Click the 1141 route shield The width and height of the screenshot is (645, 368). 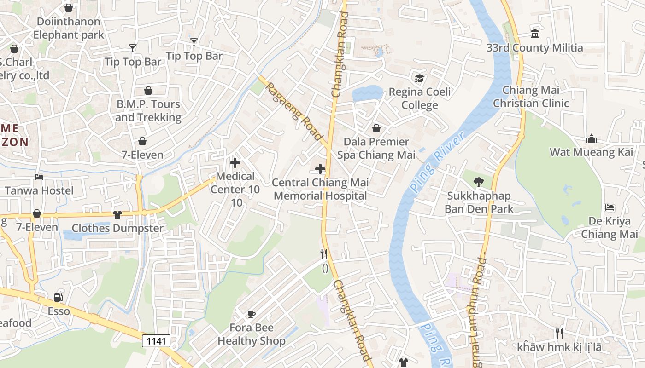[156, 341]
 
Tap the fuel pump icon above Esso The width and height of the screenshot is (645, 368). [59, 298]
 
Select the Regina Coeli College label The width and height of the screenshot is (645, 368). [420, 98]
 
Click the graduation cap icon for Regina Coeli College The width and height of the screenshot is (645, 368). [419, 78]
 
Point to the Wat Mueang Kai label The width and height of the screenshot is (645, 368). [592, 152]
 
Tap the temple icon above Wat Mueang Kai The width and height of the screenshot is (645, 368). [592, 138]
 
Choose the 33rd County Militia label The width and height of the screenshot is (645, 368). [534, 48]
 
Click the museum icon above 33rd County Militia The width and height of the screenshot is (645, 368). [535, 34]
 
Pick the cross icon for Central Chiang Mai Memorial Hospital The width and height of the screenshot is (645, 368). [320, 169]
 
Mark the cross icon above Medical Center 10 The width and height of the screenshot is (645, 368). [235, 162]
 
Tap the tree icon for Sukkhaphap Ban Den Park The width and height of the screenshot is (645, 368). [479, 182]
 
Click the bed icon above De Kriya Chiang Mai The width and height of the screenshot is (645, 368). [610, 207]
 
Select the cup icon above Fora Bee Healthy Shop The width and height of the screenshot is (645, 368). [251, 314]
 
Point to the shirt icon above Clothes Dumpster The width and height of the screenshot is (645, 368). [117, 214]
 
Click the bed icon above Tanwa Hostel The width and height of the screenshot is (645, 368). [39, 177]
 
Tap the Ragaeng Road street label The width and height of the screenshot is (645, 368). [293, 112]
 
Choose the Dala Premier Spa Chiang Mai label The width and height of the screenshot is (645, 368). [376, 148]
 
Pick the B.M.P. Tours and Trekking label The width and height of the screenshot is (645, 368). [148, 111]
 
